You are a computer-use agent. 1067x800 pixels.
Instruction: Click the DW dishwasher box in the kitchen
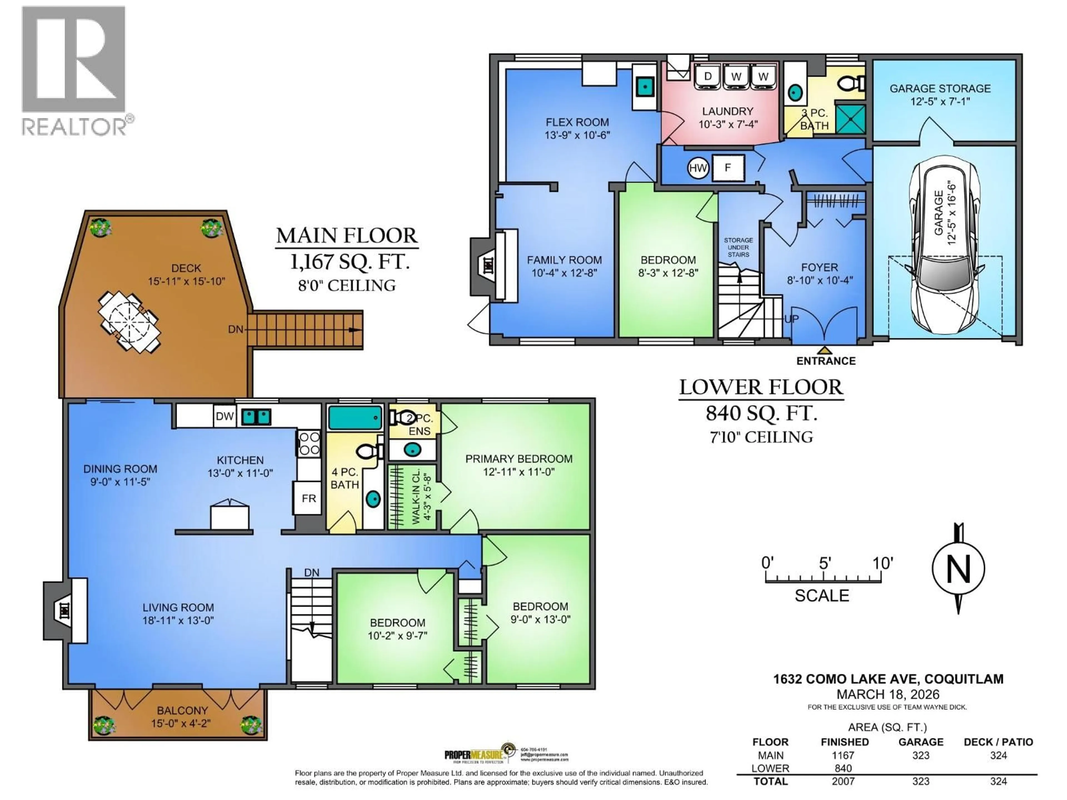click(x=224, y=416)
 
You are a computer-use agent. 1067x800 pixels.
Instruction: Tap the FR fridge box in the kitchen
click(x=308, y=498)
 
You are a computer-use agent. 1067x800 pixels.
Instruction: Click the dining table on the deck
click(x=129, y=322)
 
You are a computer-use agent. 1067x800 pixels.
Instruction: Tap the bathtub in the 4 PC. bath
click(x=355, y=417)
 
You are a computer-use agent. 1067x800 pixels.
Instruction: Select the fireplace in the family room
click(x=487, y=265)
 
